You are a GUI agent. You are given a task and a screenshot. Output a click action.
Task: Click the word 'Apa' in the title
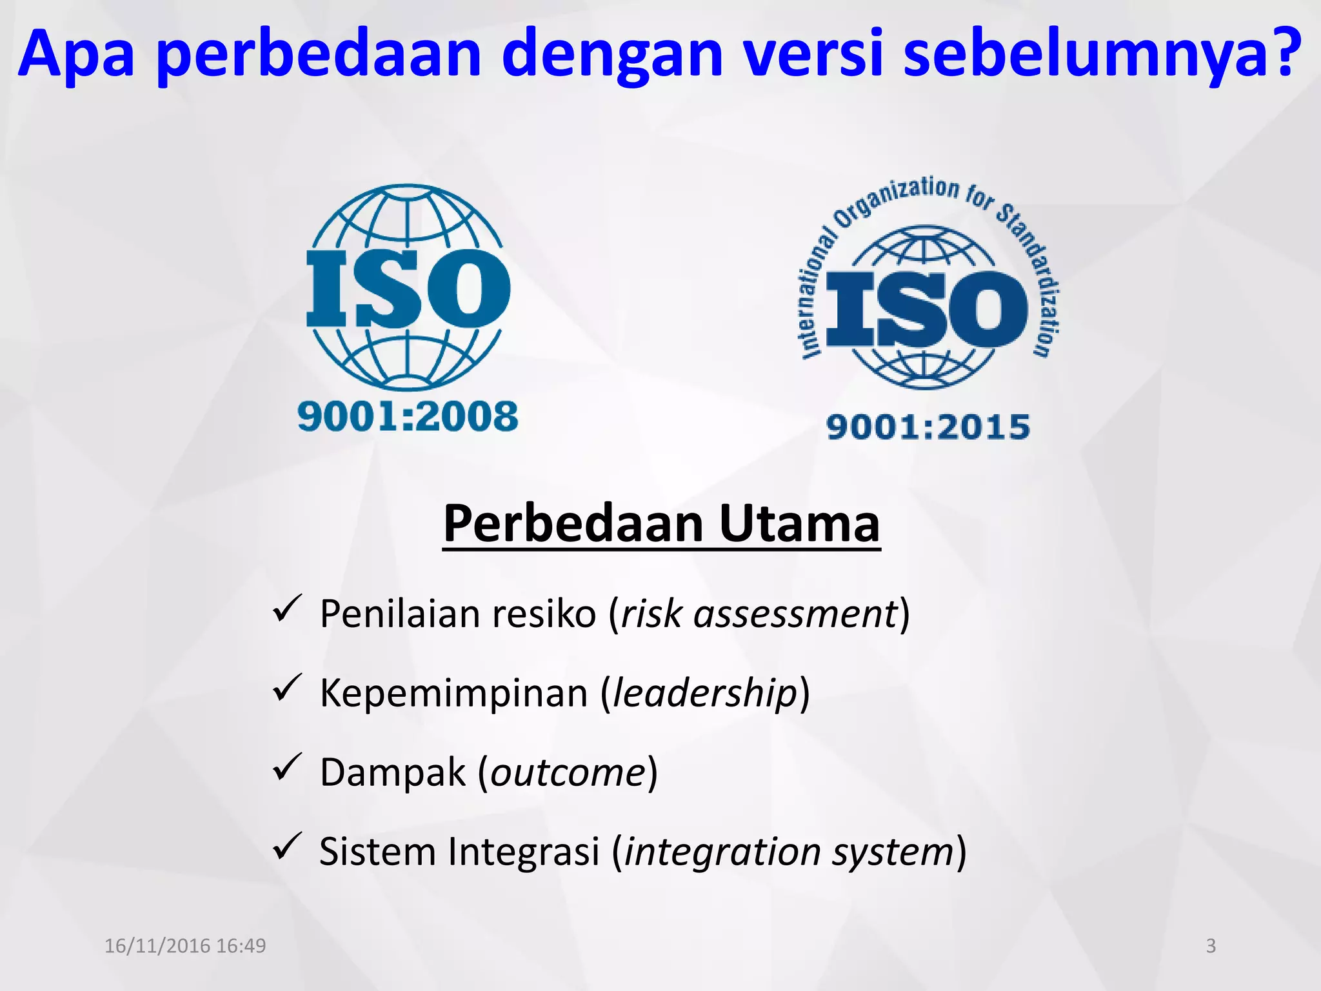coord(76,55)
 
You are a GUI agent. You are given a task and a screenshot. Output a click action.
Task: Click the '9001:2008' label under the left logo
coord(408,416)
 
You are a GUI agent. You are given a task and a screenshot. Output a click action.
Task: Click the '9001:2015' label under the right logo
coord(928,427)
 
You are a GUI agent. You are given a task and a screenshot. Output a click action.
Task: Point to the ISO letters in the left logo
coord(408,288)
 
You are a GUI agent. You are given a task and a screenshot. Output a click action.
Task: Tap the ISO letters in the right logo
coord(927,308)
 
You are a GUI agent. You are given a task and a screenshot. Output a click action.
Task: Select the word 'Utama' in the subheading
coord(799,523)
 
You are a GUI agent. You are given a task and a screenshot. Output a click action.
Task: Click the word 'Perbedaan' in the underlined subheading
coord(573,523)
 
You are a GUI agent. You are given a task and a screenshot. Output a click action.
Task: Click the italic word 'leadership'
coord(705,693)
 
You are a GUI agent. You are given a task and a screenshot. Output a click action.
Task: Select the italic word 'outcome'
coord(568,772)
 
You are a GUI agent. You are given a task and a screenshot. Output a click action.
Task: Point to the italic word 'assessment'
coord(795,614)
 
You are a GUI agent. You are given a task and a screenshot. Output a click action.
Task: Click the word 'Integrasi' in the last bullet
coord(524,852)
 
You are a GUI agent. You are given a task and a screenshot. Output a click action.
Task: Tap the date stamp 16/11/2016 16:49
coord(185,946)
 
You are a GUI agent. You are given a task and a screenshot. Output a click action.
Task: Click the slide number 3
coord(1211,946)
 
